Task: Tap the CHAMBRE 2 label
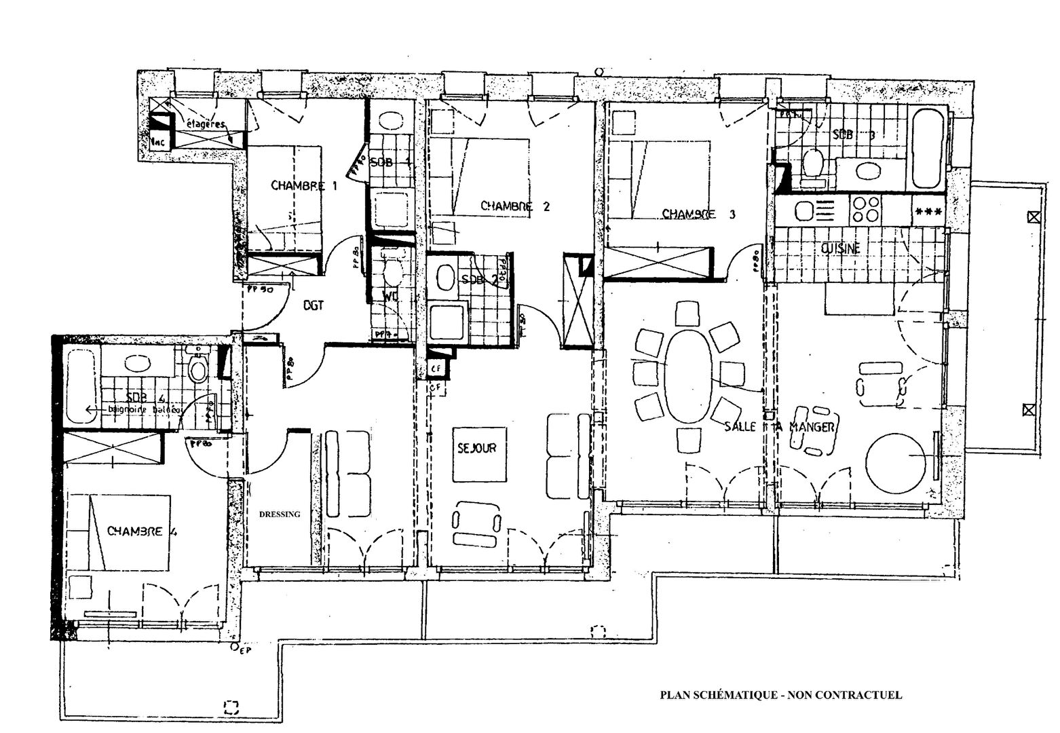[x=515, y=206]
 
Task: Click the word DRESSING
[x=280, y=514]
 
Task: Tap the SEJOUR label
[x=476, y=448]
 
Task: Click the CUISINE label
[x=841, y=248]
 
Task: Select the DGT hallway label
[x=313, y=305]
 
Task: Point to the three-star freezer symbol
[x=928, y=211]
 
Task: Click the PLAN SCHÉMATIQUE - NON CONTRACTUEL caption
[x=781, y=694]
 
